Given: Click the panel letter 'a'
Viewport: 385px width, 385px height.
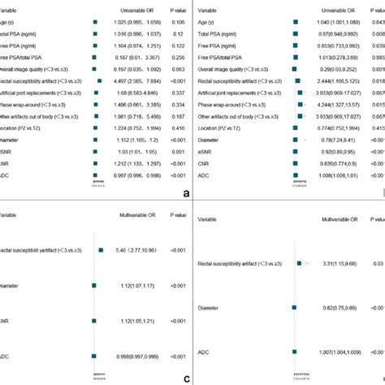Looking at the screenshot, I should pos(186,194).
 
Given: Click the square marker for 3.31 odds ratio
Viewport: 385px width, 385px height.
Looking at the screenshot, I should pos(299,263).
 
